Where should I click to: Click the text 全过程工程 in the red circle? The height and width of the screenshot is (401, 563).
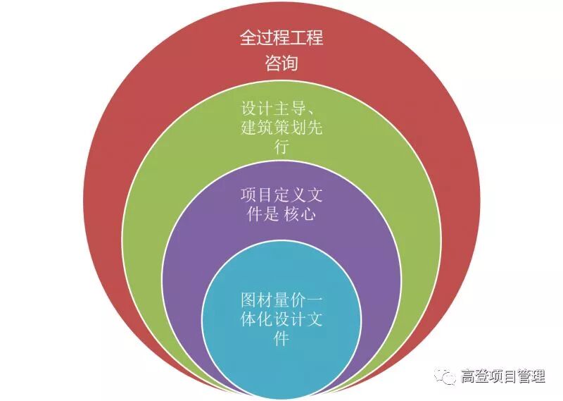(x=281, y=37)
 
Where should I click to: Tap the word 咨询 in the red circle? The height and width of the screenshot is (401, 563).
(x=281, y=63)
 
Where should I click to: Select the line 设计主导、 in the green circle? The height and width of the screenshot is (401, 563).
(x=282, y=109)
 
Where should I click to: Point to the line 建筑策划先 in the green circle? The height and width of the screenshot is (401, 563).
(x=281, y=129)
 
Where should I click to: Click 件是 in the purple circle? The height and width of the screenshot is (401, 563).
(x=260, y=214)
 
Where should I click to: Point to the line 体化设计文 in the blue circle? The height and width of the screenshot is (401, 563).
(x=281, y=319)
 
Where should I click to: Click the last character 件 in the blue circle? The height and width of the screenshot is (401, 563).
(x=281, y=338)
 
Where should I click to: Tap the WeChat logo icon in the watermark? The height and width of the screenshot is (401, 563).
(x=445, y=377)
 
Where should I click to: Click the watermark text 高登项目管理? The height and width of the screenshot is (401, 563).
(x=502, y=377)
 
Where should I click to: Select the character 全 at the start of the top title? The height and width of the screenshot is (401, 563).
(x=248, y=37)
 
